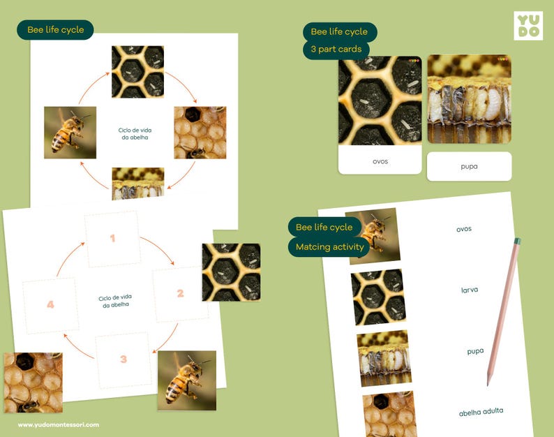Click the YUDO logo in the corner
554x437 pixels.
click(527, 26)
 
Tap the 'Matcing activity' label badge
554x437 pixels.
click(329, 246)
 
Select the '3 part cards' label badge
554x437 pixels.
click(336, 50)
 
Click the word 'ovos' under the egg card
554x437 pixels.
click(380, 161)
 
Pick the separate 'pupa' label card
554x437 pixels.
click(469, 167)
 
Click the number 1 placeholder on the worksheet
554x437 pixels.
click(112, 239)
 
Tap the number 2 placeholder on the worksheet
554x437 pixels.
click(180, 293)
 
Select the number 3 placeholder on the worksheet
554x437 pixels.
click(123, 360)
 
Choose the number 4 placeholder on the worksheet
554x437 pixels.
click(50, 304)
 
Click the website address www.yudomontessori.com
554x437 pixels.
click(59, 424)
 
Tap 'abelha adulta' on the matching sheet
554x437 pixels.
click(481, 412)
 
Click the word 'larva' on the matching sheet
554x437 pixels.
click(469, 290)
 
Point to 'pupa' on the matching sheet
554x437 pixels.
click(475, 351)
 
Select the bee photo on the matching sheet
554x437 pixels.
click(373, 235)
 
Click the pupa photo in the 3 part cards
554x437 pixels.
click(469, 99)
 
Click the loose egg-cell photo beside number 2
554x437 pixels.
click(231, 272)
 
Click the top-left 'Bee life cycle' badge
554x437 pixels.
click(55, 30)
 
